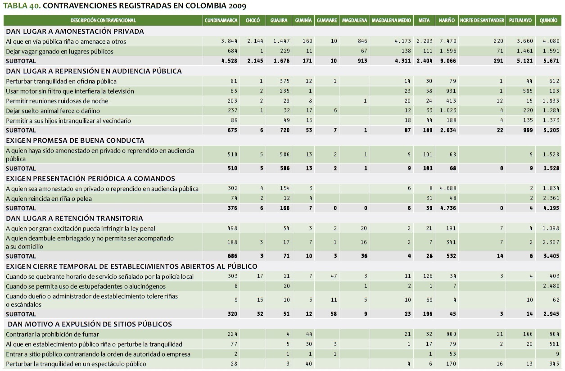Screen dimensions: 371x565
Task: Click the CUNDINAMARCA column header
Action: click(x=221, y=21)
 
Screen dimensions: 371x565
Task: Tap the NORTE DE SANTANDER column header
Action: click(x=482, y=21)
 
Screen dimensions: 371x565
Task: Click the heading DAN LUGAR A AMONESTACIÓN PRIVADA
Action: click(x=75, y=32)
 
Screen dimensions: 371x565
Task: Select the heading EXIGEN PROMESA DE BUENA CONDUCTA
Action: click(x=75, y=140)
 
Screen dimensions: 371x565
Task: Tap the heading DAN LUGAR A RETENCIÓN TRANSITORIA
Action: click(x=74, y=218)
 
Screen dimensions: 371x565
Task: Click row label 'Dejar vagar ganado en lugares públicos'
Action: click(x=60, y=51)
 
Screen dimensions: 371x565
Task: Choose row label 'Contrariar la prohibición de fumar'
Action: click(x=52, y=334)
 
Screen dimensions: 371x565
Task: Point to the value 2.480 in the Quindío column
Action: click(x=551, y=286)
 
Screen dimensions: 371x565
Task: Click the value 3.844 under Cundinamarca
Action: click(x=229, y=41)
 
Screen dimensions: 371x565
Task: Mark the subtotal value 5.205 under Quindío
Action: click(x=551, y=130)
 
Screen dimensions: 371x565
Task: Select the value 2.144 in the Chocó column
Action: click(x=255, y=41)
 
